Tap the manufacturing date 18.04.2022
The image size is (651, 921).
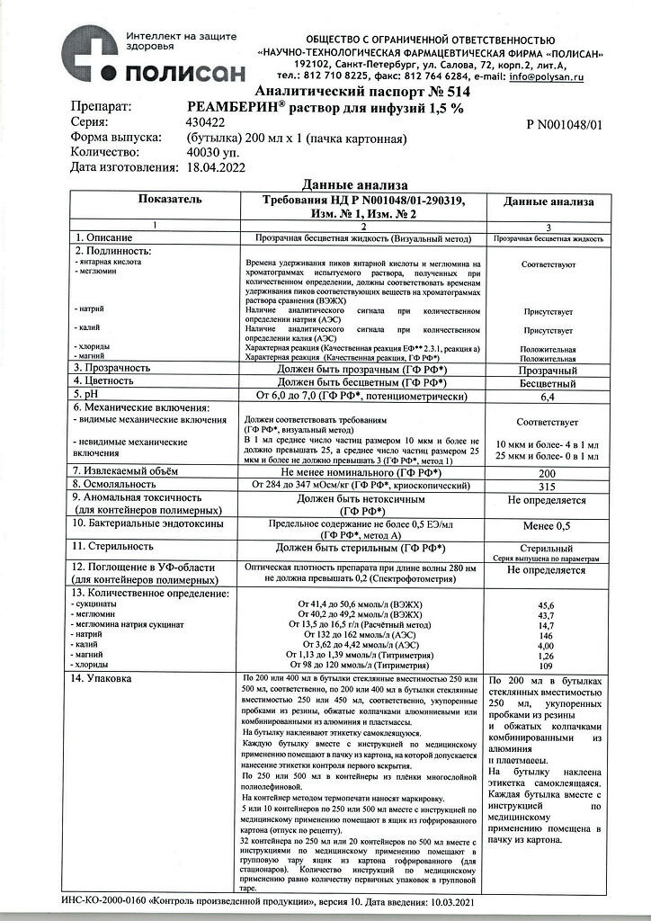point(217,167)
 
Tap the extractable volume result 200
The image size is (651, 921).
point(548,471)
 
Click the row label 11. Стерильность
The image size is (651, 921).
point(120,546)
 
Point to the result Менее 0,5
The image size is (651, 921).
point(548,525)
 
